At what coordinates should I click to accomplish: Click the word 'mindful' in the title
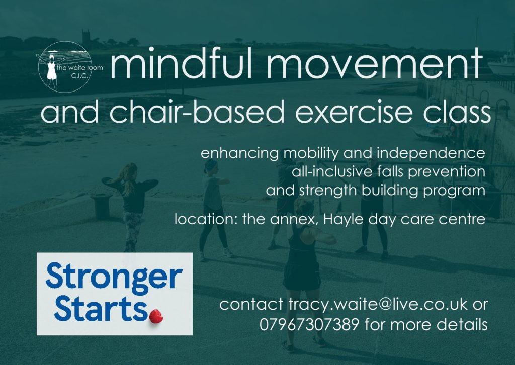click(x=181, y=63)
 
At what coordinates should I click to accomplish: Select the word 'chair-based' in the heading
click(x=197, y=111)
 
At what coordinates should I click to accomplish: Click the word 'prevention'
click(x=447, y=171)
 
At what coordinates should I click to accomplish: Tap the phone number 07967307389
click(x=309, y=325)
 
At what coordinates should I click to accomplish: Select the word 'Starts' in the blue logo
click(x=101, y=308)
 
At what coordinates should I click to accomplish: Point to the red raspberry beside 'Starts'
click(x=156, y=316)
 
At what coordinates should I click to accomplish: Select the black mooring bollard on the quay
click(x=102, y=206)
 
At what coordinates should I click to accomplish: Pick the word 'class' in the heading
click(x=457, y=111)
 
